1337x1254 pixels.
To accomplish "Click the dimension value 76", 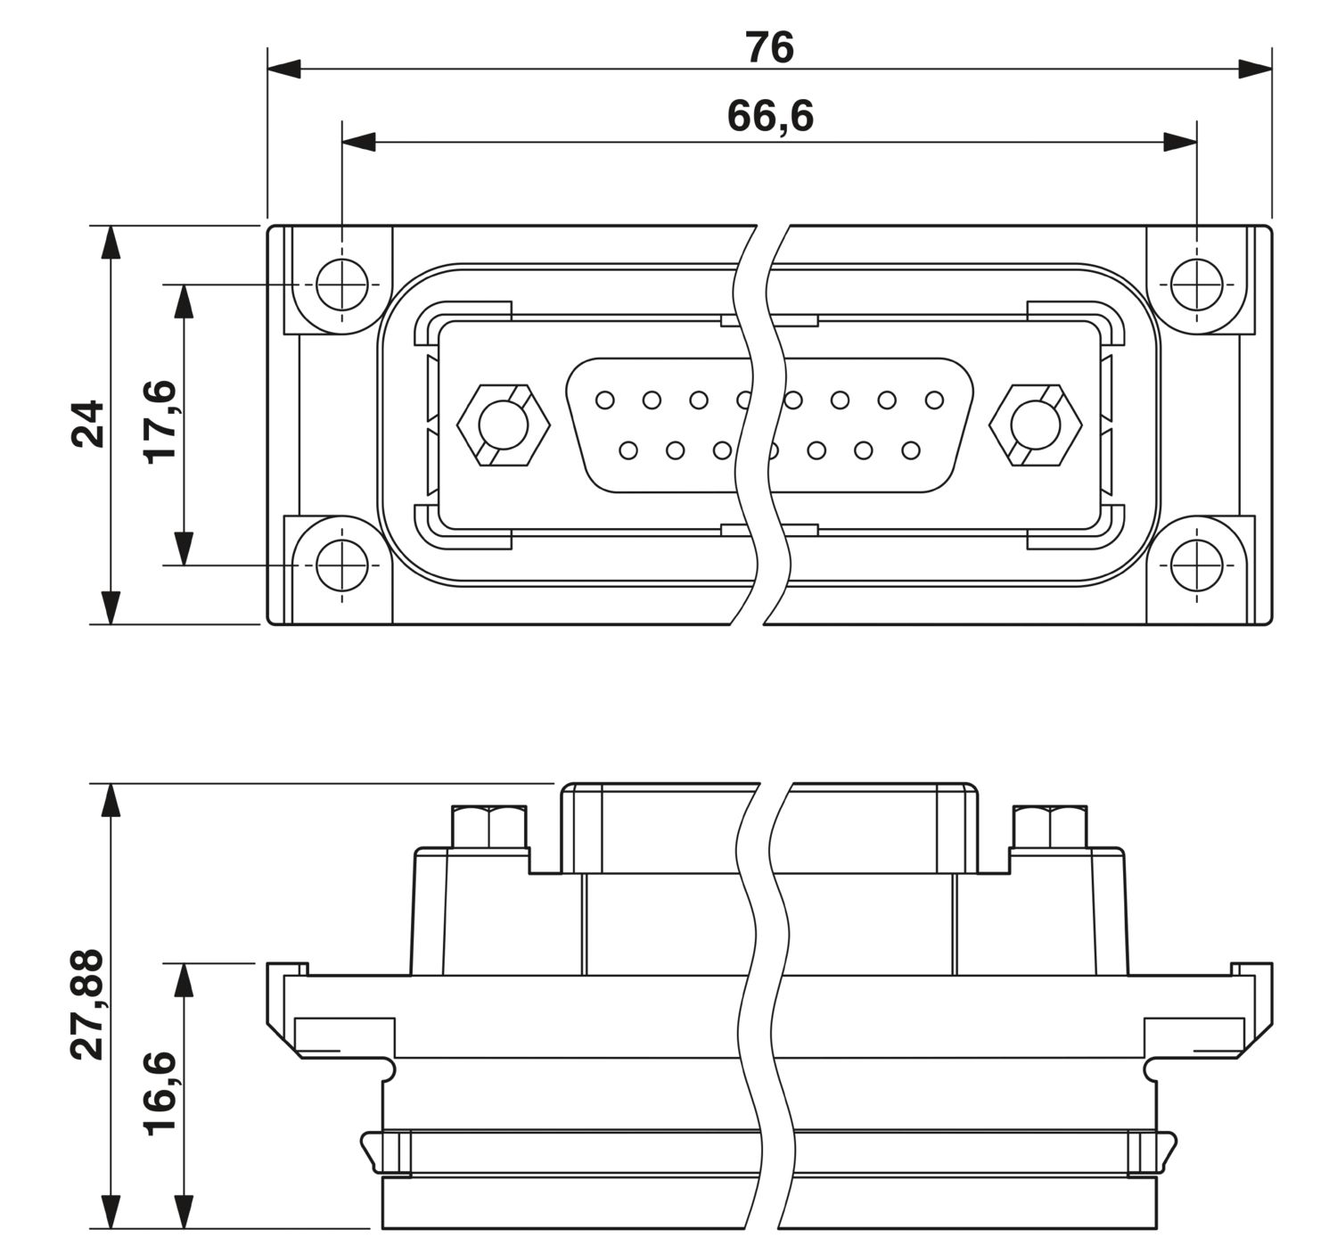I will point(769,47).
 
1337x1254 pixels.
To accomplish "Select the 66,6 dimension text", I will point(770,116).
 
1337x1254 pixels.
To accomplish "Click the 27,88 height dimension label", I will point(88,1004).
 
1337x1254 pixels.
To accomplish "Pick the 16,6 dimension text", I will point(161,1092).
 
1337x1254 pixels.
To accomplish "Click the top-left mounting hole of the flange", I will point(341,285).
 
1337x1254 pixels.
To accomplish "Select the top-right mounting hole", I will point(1195,285).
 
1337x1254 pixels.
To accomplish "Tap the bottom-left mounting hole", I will point(341,565).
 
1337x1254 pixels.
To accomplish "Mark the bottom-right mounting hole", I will point(1195,565).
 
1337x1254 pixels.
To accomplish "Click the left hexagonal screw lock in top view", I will point(504,425).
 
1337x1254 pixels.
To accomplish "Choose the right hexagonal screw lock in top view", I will point(1035,425).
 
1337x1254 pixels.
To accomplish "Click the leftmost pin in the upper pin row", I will point(604,400).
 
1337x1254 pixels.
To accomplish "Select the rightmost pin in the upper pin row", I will point(933,400).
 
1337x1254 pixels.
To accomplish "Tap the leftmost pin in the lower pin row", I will point(628,450).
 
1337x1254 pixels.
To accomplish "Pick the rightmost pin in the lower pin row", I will point(910,450).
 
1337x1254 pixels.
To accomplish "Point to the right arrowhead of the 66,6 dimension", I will point(1180,141).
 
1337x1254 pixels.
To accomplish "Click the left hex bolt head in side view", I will point(488,827).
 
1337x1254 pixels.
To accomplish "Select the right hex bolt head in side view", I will point(1050,827).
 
